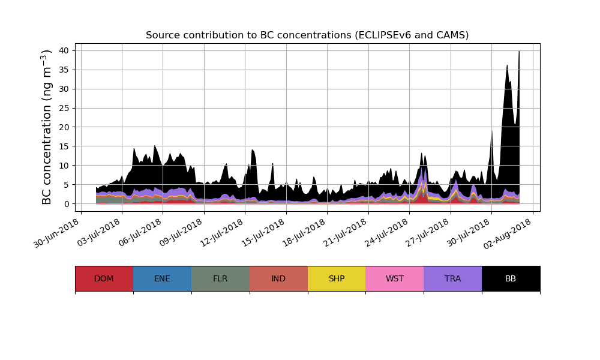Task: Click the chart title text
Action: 307,35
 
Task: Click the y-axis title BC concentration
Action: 47,127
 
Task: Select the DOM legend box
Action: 104,278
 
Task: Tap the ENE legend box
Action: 162,278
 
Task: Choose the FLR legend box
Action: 220,278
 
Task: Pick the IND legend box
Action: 278,278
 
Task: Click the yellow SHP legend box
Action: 337,278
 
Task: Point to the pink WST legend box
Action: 395,278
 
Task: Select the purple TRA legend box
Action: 453,278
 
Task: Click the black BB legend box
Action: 511,278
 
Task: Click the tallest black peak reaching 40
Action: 519,54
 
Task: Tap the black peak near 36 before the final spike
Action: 507,67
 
